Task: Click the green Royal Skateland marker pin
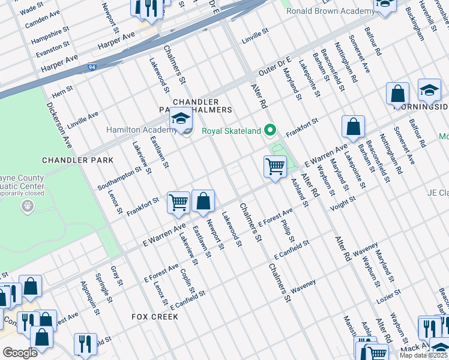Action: coord(270,130)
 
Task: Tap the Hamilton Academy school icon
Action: coord(181,119)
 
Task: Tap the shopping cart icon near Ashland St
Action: coord(275,166)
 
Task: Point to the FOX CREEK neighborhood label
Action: coord(155,316)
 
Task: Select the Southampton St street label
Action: coord(119,178)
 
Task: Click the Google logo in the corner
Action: coord(20,353)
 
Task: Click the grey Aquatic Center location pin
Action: coord(26,206)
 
